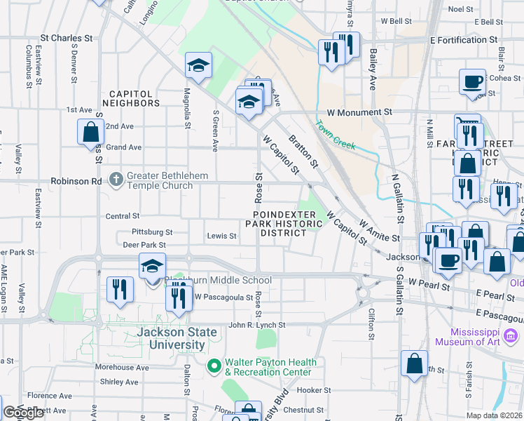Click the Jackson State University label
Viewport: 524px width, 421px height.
click(x=172, y=338)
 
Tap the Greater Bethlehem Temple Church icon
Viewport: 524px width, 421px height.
click(x=116, y=180)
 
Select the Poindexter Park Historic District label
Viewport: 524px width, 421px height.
click(x=284, y=223)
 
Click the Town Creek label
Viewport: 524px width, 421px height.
click(x=336, y=135)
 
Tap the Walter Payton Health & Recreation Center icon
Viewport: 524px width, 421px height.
click(x=214, y=366)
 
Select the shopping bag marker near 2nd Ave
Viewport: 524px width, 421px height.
click(x=91, y=132)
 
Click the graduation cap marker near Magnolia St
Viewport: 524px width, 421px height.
click(x=198, y=66)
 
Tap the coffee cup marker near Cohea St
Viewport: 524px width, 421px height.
click(x=473, y=81)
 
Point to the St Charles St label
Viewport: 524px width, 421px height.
click(x=67, y=38)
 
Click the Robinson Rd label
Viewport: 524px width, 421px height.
click(x=76, y=180)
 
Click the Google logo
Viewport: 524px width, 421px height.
click(x=23, y=413)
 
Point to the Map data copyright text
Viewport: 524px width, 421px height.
click(x=495, y=415)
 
